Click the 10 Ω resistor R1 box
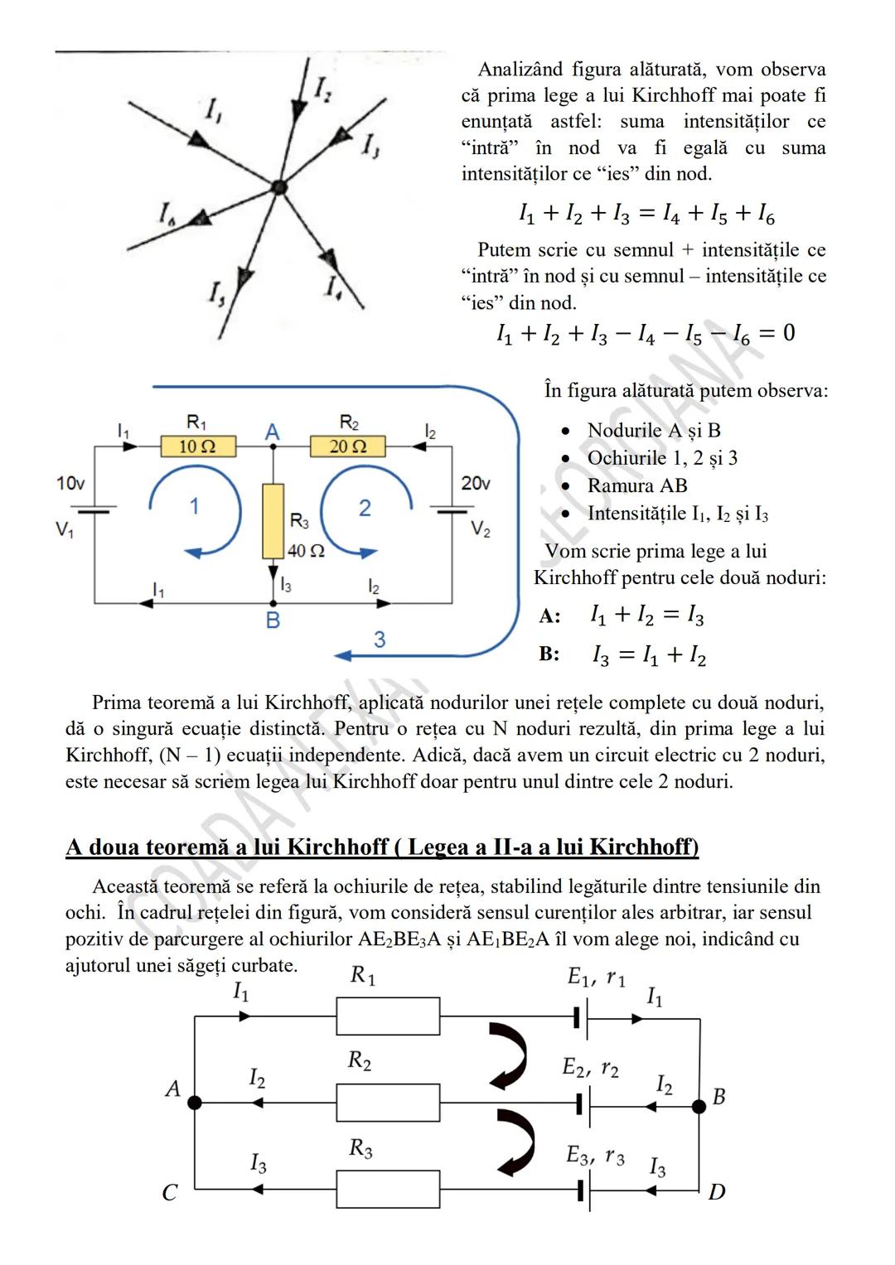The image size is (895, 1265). (197, 447)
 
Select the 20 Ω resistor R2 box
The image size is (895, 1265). (348, 447)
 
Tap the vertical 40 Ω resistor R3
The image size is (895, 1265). (273, 521)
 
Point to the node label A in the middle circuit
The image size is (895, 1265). (272, 432)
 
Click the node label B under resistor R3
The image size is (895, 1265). (273, 620)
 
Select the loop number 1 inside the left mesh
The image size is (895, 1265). (194, 506)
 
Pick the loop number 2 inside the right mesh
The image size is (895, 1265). (365, 508)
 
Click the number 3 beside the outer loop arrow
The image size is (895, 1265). (380, 640)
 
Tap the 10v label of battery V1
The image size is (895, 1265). (70, 483)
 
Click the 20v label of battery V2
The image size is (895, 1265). (476, 483)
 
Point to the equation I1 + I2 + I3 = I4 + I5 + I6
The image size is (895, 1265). (646, 215)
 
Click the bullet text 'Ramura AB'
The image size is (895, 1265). (636, 485)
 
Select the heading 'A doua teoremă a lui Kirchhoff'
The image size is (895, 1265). (381, 847)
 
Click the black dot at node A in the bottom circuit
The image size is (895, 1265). (195, 1103)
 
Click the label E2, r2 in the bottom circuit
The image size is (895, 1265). (590, 1068)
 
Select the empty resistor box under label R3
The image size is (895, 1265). (388, 1190)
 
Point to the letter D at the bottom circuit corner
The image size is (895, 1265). (717, 1192)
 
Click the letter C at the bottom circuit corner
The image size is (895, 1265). (170, 1193)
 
